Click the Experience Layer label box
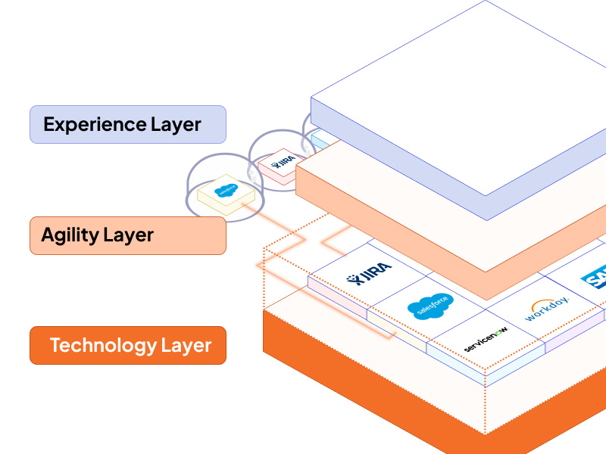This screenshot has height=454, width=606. pyautogui.click(x=127, y=124)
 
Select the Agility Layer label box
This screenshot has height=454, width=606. pyautogui.click(x=127, y=235)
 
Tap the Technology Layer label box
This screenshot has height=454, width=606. pyautogui.click(x=127, y=346)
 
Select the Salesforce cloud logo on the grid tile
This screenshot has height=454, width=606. pyautogui.click(x=430, y=305)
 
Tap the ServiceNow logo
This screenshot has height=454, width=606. pyautogui.click(x=486, y=338)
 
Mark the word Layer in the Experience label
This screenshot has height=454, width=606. pyautogui.click(x=175, y=124)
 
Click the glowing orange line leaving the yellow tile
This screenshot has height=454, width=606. pyautogui.click(x=280, y=227)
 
